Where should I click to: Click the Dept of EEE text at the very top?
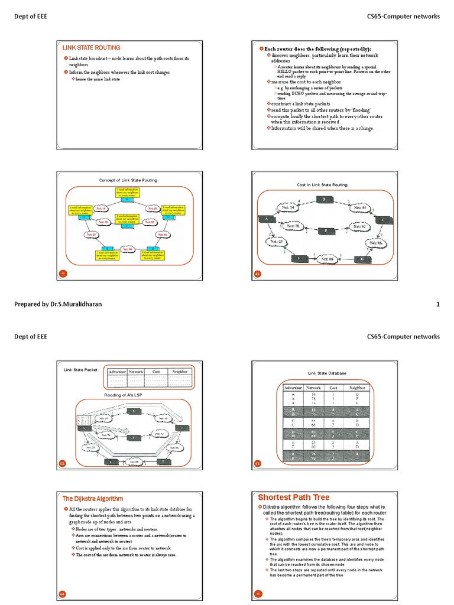31,17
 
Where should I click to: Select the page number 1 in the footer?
437,304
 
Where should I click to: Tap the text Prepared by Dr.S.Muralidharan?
59,304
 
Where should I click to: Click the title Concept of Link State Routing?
128,180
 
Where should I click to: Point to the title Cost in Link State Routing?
322,185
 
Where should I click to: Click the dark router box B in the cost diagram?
324,199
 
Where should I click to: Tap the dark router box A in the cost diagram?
267,219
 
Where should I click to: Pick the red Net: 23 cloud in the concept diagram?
91,235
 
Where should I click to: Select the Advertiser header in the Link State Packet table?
116,372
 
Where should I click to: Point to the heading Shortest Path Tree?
294,497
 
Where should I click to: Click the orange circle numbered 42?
62,464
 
